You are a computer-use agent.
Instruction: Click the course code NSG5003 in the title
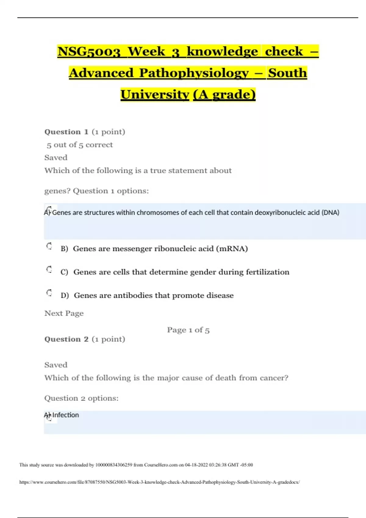click(89, 51)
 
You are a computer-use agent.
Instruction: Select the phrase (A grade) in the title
click(224, 94)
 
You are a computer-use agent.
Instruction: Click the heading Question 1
click(66, 132)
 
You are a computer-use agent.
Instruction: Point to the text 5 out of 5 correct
click(80, 145)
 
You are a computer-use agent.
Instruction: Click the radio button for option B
click(49, 246)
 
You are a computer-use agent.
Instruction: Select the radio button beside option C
click(49, 269)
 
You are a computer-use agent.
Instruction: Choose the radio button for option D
click(49, 293)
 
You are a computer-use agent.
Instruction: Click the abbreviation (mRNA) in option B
click(232, 249)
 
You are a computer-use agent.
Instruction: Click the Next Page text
click(64, 313)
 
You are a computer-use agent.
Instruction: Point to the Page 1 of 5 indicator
click(188, 330)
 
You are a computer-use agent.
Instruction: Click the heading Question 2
click(66, 339)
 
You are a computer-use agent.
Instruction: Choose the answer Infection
click(65, 415)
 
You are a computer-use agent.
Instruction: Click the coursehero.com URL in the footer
click(160, 482)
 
